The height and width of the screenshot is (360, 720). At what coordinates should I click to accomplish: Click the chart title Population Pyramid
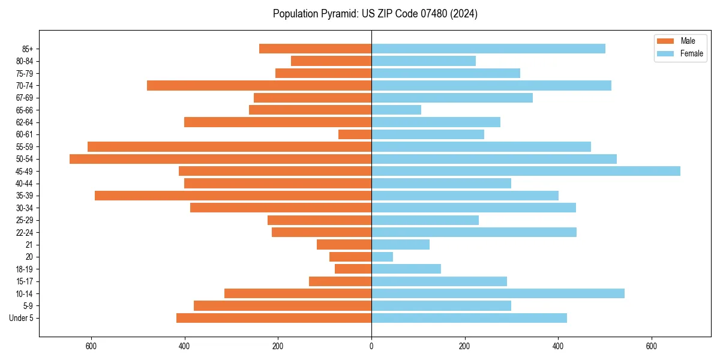[375, 14]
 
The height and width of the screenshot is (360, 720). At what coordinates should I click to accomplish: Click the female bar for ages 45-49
[526, 171]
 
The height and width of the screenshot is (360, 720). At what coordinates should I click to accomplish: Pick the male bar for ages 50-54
[220, 159]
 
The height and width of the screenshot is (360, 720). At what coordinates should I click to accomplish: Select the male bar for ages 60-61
[355, 134]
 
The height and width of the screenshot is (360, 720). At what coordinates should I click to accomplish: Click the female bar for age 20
[382, 257]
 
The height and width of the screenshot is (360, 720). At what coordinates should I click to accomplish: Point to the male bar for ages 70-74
[259, 86]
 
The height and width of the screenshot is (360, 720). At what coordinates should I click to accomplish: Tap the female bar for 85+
[488, 49]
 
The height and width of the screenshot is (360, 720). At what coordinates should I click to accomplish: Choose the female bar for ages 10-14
[498, 293]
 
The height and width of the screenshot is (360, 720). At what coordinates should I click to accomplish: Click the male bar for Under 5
[274, 318]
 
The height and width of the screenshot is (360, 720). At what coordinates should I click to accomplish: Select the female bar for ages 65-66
[396, 110]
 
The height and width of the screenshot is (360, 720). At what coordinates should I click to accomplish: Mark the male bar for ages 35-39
[233, 196]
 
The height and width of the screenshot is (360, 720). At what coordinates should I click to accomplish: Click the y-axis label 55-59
[25, 147]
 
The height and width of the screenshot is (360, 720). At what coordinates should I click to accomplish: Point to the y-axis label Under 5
[22, 318]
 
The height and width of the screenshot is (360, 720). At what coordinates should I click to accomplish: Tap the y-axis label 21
[29, 245]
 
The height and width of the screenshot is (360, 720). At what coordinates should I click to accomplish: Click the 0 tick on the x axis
[371, 346]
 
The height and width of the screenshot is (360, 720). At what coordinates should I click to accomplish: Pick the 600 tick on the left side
[91, 346]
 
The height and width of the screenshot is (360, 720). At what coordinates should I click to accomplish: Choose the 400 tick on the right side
[558, 346]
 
